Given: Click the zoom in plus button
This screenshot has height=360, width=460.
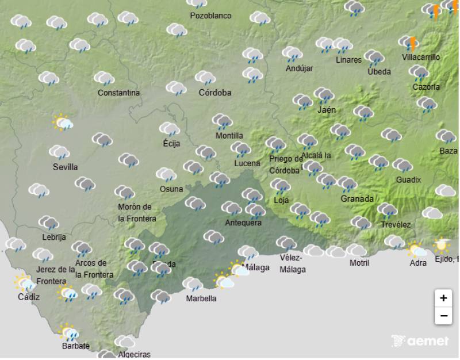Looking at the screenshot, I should coord(443,298).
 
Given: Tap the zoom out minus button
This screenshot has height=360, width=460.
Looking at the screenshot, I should coord(443,316).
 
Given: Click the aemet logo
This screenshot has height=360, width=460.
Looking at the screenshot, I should coord(420,340).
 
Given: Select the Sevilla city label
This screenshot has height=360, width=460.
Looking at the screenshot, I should coord(64,167).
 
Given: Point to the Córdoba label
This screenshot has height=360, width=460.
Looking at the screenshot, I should coord(215,92).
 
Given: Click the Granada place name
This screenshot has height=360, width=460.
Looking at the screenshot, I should coord(357,198).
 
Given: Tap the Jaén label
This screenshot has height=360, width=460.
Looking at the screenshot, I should coord(327,109).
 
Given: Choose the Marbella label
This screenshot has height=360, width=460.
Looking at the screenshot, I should coord(201,298).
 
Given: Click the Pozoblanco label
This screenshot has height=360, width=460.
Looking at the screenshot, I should coord(211,16).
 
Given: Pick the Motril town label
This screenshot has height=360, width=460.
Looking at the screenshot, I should coord(359,263).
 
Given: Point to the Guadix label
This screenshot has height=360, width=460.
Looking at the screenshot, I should coord(408,179).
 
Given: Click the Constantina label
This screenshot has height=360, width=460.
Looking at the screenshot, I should coord(118,93).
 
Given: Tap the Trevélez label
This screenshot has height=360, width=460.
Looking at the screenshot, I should coord(396,224).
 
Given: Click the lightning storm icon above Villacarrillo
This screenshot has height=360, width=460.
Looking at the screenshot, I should coord(409,43).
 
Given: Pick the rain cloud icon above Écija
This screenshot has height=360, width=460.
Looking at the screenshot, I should coord(170,129).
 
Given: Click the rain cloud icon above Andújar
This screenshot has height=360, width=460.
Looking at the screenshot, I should coord(293,55).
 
